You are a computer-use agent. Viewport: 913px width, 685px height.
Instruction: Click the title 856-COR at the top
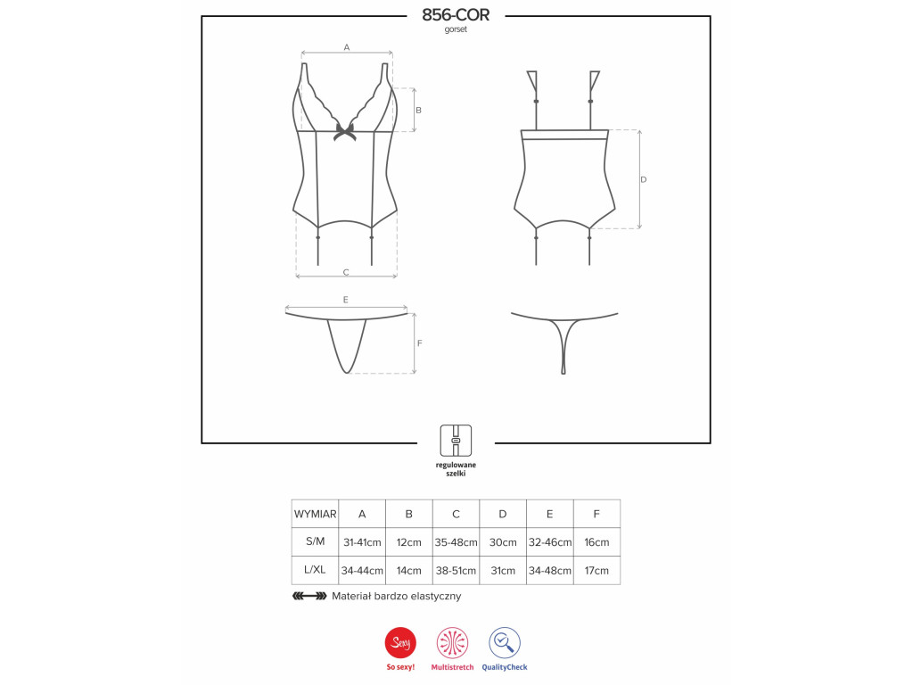456,14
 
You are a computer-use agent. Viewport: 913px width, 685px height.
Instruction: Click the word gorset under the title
456,29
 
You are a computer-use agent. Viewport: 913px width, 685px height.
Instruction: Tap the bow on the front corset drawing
345,132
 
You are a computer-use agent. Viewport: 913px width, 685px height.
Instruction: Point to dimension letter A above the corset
347,47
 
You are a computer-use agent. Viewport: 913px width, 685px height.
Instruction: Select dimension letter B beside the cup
418,110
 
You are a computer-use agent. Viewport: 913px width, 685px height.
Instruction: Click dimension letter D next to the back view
644,179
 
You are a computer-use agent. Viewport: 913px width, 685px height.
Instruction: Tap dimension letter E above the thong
345,300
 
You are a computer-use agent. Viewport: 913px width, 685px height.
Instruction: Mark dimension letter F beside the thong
419,343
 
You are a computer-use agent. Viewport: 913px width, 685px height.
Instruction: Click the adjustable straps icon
456,441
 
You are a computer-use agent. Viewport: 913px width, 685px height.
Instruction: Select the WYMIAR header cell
315,514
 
